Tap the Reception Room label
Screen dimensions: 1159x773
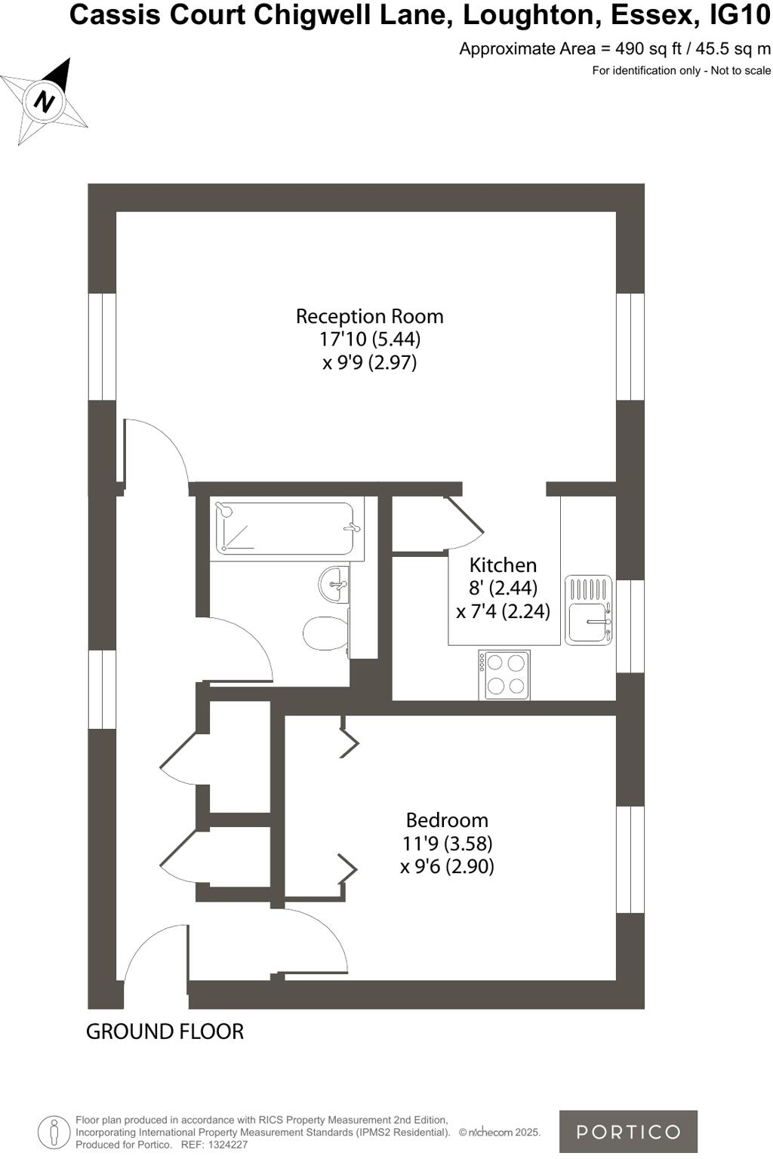[369, 316]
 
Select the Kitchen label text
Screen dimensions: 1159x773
[503, 565]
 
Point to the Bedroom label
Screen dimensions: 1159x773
[447, 820]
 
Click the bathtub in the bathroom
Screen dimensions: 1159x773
[285, 528]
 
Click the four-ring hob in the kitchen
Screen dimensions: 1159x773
[504, 675]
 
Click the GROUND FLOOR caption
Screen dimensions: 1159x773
[165, 1031]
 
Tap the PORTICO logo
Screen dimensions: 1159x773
[628, 1131]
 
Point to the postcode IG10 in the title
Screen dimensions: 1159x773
[741, 15]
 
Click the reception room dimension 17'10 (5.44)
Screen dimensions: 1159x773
[369, 339]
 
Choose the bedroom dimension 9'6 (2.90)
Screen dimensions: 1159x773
[447, 866]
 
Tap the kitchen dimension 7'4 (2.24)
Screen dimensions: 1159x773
[503, 611]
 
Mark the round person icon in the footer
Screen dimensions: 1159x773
[54, 1132]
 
